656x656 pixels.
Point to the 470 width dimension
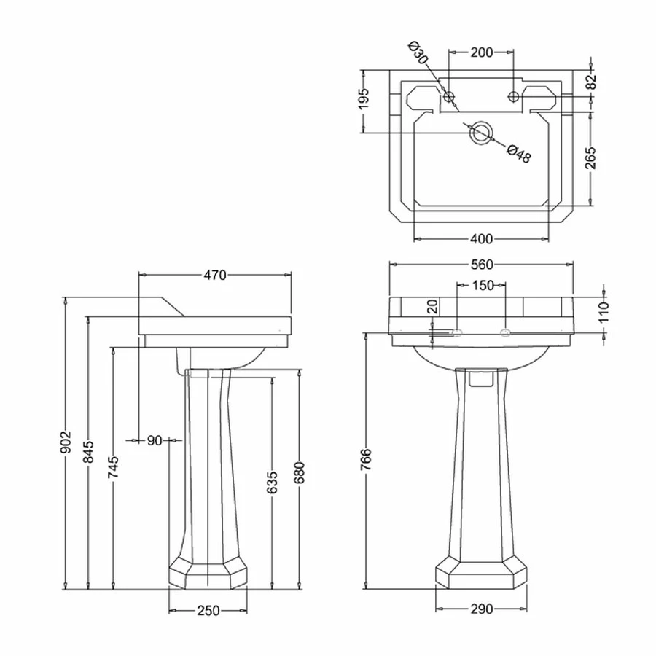215,275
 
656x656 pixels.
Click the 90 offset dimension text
155,440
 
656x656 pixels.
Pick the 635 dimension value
273,483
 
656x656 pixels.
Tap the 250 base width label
208,611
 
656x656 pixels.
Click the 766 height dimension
367,461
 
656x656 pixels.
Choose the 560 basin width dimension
483,264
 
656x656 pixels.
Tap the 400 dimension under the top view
482,238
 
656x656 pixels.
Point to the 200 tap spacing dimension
482,52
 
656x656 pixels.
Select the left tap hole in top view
450,96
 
